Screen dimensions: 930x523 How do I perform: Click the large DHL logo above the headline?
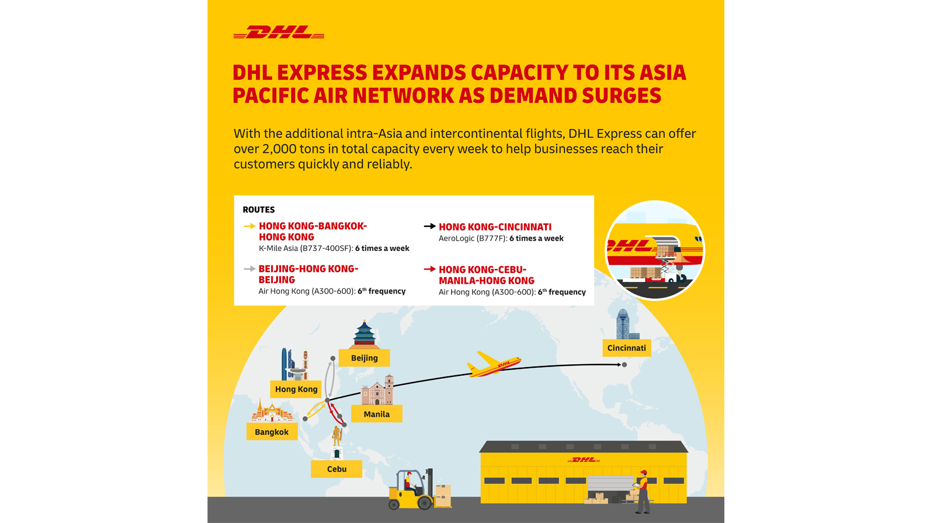279,32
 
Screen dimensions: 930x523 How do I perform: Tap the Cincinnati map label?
626,348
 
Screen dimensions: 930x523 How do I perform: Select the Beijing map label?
364,358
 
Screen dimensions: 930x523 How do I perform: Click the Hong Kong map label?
296,389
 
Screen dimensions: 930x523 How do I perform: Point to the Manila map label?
377,414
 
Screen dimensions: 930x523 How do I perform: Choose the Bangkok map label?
272,432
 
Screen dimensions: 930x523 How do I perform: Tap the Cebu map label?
336,469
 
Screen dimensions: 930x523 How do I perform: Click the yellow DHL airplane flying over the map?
494,364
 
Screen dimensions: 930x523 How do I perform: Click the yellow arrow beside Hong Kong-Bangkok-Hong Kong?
249,226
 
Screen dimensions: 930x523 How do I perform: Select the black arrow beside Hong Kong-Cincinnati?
430,226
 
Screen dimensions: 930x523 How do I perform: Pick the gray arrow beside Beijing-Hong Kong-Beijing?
249,269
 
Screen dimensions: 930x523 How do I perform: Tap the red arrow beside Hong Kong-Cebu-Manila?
430,269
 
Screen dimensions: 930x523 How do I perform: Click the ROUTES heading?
259,210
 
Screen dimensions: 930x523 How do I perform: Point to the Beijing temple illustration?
364,334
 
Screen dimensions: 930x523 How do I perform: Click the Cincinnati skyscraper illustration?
625,325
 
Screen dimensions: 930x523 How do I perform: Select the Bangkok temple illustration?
272,410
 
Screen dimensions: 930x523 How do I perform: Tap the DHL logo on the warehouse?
584,459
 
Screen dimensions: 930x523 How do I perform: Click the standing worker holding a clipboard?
642,492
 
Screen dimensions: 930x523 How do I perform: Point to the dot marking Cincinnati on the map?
624,365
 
